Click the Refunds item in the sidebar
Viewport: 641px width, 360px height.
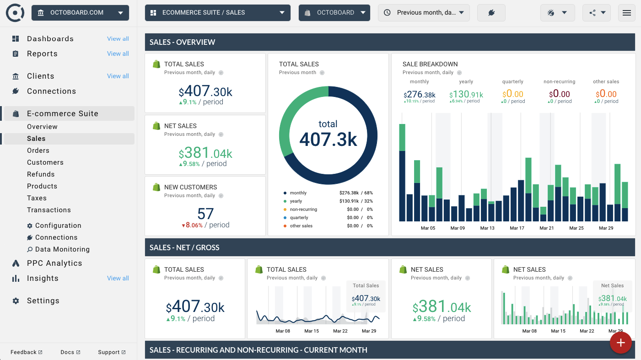tap(41, 174)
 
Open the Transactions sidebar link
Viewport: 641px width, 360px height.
tap(48, 210)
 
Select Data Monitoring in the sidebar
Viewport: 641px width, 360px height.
tap(62, 249)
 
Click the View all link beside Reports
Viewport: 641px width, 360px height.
tap(118, 54)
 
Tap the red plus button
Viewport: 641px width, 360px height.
tap(620, 343)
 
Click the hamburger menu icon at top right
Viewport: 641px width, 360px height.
tap(626, 13)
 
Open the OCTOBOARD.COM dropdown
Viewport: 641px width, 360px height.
tap(81, 13)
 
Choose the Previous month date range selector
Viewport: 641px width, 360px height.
tap(424, 13)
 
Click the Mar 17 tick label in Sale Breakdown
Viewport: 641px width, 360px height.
tap(517, 228)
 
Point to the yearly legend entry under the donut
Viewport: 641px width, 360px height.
tap(296, 201)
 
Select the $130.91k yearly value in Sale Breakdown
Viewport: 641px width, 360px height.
tap(466, 95)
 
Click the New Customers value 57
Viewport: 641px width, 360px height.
tap(205, 214)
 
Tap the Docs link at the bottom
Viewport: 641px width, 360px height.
tap(70, 352)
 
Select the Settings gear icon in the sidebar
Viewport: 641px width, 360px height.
tap(16, 301)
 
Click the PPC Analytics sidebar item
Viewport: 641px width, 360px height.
tap(54, 263)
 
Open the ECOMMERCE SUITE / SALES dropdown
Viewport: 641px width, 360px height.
tap(217, 13)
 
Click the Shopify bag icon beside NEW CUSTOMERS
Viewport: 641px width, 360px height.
tap(156, 187)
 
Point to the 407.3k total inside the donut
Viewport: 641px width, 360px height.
tap(328, 140)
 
